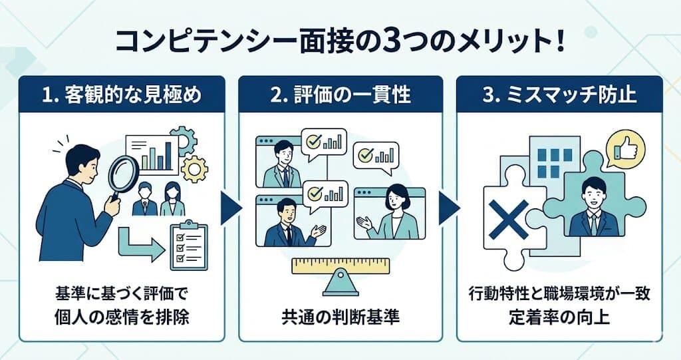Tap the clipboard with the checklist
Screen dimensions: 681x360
(188, 244)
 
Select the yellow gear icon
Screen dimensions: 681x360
(194, 169)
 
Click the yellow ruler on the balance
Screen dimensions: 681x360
(341, 266)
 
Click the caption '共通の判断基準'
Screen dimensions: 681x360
(340, 317)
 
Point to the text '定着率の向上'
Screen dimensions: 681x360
(559, 317)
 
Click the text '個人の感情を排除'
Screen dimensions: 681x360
(122, 317)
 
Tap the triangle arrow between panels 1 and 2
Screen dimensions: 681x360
(231, 208)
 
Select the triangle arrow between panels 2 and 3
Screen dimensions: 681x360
(449, 208)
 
